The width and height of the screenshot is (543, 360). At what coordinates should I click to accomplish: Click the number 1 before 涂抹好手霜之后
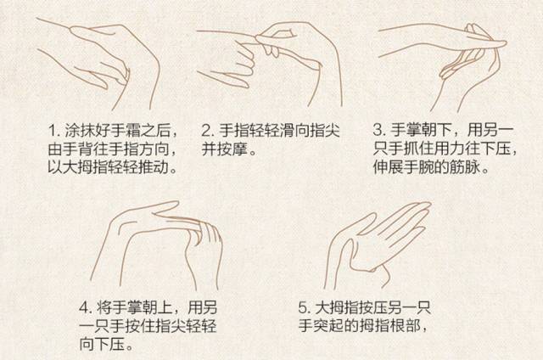52,131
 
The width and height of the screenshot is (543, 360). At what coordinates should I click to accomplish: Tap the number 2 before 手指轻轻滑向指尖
206,131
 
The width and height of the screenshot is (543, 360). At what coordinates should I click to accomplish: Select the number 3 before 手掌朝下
378,130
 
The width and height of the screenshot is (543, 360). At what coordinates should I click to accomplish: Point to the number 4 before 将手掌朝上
84,307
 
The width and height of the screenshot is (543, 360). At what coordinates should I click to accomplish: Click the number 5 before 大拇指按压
303,307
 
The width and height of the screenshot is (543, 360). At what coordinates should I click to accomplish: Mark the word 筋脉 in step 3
464,167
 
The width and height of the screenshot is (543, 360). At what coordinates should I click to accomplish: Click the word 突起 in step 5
329,326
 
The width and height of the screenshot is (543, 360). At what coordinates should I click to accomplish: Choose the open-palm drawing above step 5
378,245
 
